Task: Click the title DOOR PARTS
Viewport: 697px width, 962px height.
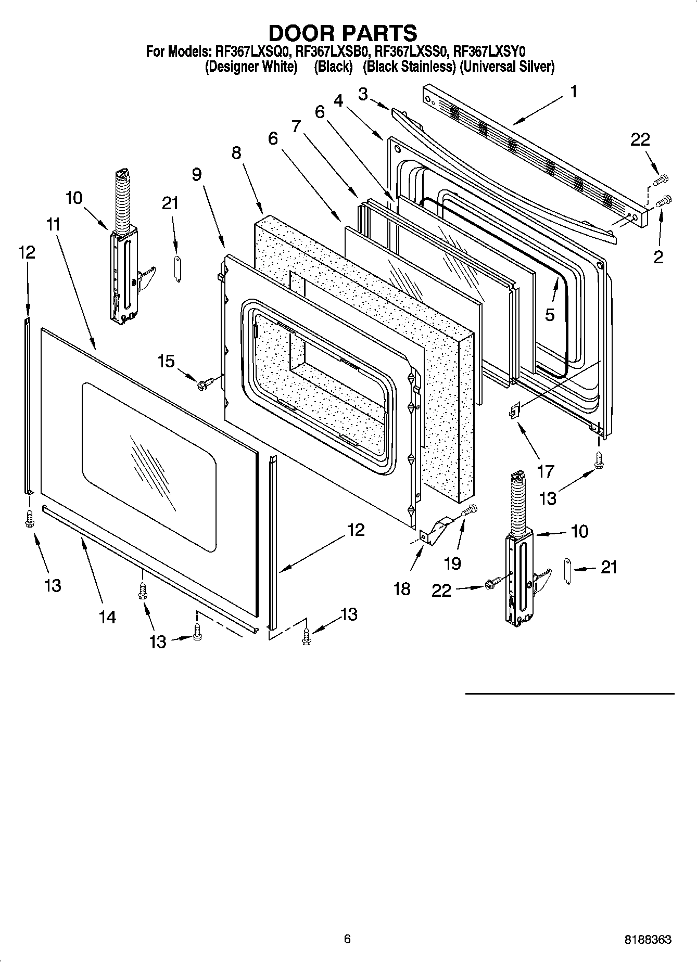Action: (343, 33)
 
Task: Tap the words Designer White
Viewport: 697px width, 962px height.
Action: (251, 67)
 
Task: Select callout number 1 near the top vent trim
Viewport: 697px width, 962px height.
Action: (573, 92)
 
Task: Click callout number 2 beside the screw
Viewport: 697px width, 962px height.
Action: (658, 256)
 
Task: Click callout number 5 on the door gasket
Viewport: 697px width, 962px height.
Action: (550, 315)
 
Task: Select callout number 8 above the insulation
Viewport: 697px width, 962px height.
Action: (236, 153)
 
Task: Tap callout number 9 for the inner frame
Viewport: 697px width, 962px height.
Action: (196, 174)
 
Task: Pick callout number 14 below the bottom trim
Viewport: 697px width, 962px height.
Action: (108, 617)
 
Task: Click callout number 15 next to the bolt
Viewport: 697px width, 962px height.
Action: (166, 361)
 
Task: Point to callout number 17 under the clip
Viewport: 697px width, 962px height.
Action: (545, 471)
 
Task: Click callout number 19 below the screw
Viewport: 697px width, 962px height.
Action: (453, 563)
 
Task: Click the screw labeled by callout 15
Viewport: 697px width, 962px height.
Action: (202, 384)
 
